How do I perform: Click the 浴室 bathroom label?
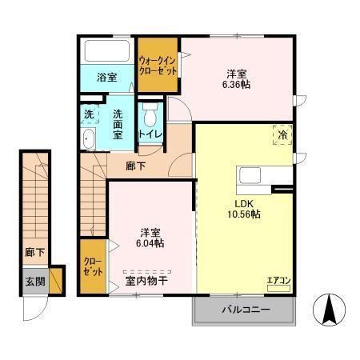click(x=106, y=78)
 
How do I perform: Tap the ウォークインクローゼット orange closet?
click(x=158, y=64)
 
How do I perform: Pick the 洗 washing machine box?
click(x=90, y=114)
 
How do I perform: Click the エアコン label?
click(x=278, y=280)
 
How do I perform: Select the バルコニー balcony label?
click(x=244, y=310)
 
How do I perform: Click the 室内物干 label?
click(x=146, y=281)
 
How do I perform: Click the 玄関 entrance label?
click(x=34, y=282)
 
